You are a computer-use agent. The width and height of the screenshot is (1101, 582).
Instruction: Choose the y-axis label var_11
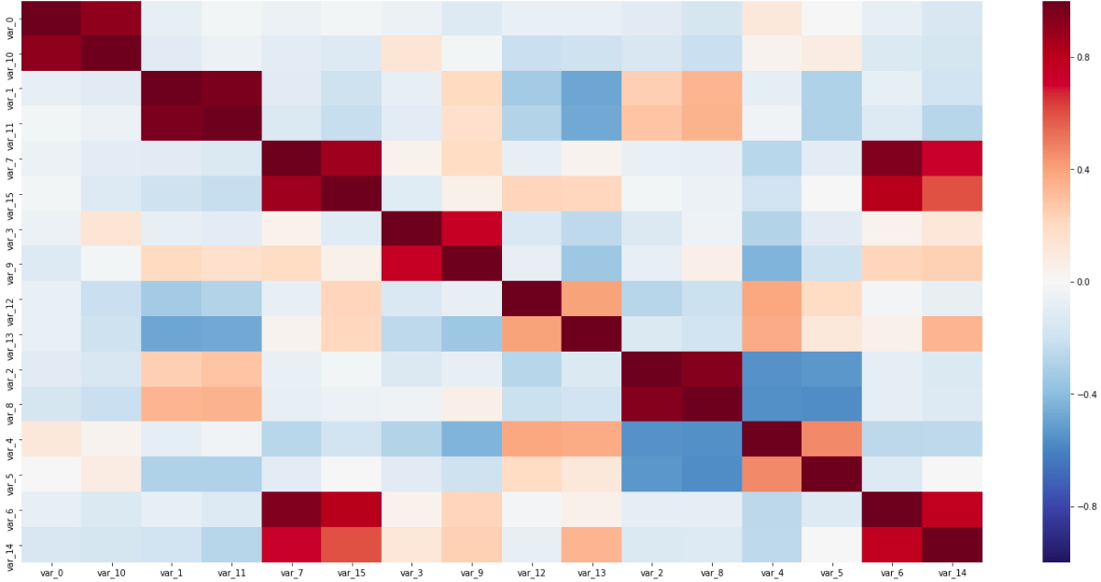coord(10,124)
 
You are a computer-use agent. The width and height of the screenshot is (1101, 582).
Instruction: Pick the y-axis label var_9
coord(10,264)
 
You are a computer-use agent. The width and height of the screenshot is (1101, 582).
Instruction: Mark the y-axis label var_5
coord(10,474)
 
